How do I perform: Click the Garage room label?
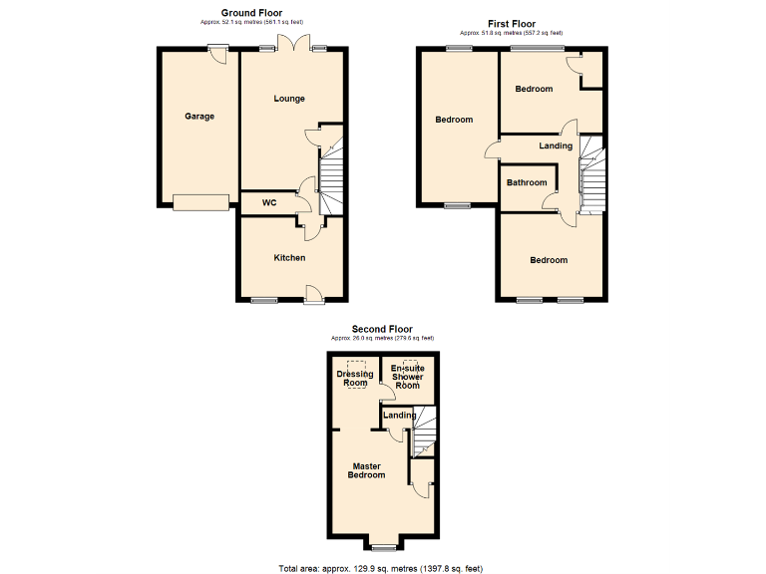(199, 117)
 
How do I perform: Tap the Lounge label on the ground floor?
(289, 99)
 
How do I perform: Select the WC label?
(269, 203)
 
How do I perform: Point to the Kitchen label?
(289, 258)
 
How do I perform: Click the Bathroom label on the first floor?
(527, 182)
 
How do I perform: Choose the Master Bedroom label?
(366, 470)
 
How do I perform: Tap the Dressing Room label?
(355, 379)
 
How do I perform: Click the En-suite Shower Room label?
(407, 377)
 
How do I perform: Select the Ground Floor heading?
(250, 13)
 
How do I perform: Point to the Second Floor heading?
(382, 329)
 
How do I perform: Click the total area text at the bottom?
(380, 569)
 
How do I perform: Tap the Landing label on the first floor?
(556, 146)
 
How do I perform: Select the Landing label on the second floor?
(400, 415)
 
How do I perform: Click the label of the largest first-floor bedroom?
(454, 120)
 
